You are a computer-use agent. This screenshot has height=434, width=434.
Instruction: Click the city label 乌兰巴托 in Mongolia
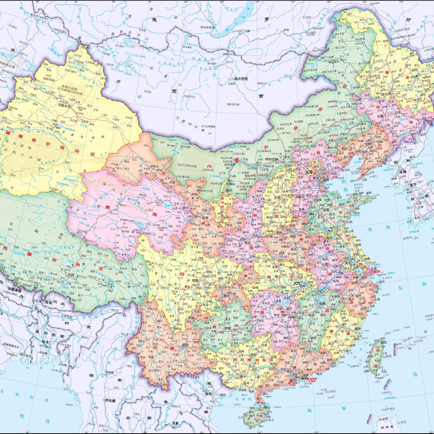click(x=240, y=78)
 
